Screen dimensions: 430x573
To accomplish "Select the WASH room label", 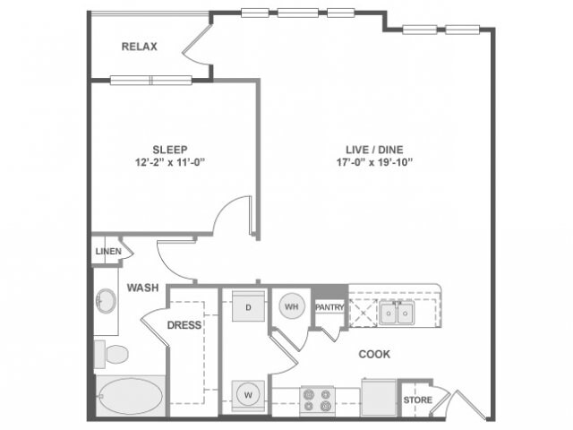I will pos(142,288).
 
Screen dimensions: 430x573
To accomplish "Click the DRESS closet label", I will pos(184,325).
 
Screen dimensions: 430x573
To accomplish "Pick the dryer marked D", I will pos(247,307).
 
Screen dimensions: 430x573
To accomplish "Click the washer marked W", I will pos(247,391).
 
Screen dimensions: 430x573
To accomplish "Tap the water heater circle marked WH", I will pos(291,307).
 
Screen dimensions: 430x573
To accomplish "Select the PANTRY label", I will pos(329,307).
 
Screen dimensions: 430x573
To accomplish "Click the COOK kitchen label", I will pos(374,354).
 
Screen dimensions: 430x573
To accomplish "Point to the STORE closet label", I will pos(417,400).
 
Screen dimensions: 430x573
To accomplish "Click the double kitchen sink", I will pos(394,312).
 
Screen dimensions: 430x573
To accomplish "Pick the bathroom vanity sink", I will pos(107,301).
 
